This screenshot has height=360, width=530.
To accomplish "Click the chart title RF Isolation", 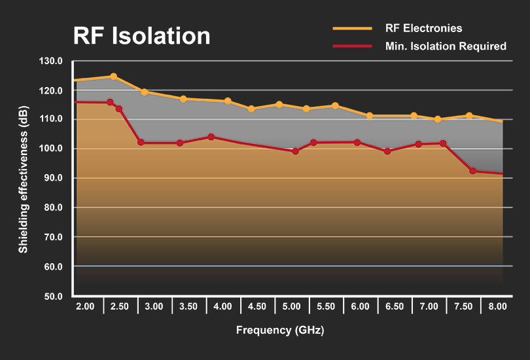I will (142, 35).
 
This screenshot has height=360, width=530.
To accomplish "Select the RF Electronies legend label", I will (423, 28).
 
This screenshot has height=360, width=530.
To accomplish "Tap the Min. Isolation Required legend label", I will (446, 46).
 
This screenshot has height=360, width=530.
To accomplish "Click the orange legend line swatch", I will (352, 28).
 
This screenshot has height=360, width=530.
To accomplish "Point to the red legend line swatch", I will (352, 46).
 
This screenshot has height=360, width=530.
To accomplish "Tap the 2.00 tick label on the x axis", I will (85, 306).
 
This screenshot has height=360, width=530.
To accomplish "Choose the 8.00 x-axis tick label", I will (497, 306).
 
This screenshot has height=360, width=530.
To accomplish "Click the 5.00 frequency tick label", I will (291, 306).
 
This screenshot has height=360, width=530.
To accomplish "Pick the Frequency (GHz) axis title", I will (280, 331).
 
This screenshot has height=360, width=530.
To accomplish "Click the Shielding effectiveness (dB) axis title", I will (23, 179).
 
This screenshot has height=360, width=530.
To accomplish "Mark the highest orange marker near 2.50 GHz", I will (113, 77).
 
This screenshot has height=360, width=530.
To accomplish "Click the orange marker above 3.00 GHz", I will (144, 92).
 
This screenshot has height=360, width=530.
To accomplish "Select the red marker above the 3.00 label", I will (141, 142).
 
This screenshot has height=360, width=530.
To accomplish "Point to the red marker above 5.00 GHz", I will (295, 151).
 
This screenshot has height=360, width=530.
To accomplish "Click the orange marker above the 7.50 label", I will (468, 116).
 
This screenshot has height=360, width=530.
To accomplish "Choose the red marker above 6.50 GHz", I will (387, 151).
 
